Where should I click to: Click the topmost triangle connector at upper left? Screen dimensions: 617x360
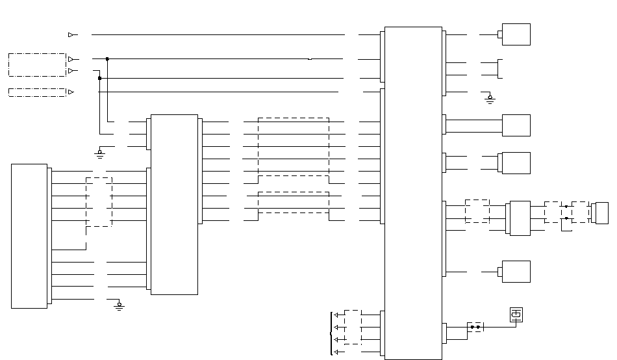click(71, 34)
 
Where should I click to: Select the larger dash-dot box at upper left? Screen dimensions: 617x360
click(37, 65)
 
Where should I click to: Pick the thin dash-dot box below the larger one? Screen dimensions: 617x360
click(37, 92)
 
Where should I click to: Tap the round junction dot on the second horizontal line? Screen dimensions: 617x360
click(107, 59)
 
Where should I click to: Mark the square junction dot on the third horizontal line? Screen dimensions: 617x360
click(99, 78)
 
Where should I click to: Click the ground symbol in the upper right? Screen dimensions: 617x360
click(490, 99)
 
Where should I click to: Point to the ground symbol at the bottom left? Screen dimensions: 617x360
click(119, 305)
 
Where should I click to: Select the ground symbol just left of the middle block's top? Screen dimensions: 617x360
click(99, 153)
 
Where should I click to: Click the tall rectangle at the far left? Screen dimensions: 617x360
click(29, 236)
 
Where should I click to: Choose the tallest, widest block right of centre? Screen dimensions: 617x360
click(413, 193)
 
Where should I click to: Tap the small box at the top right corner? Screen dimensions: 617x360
click(516, 34)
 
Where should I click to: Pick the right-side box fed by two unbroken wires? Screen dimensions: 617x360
click(516, 125)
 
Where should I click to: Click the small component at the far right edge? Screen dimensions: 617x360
click(601, 213)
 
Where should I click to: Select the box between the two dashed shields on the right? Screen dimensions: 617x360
click(520, 218)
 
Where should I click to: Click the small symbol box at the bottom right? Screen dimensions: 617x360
click(516, 315)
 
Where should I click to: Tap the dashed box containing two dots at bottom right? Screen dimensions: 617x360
click(475, 327)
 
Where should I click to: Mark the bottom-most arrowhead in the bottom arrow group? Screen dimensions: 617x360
click(336, 352)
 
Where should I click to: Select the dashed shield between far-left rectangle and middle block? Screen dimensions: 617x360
click(99, 201)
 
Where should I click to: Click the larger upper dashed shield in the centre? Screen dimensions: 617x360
click(294, 146)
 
